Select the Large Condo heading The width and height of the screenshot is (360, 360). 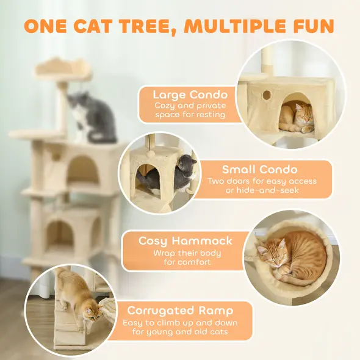click(190, 95)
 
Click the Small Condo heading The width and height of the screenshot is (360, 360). click(259, 170)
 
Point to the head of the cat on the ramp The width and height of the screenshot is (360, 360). click(93, 314)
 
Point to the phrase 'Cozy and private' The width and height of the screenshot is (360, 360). click(190, 106)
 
